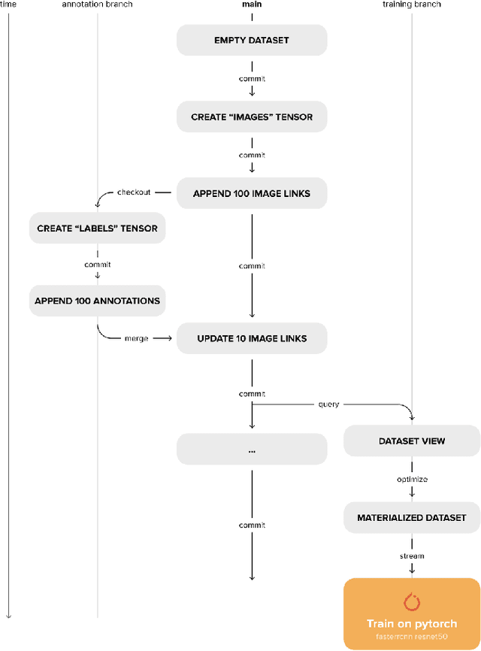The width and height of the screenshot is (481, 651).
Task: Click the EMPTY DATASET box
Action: click(252, 41)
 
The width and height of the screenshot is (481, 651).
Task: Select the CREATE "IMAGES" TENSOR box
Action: click(252, 117)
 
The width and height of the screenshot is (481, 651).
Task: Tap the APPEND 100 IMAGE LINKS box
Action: click(252, 193)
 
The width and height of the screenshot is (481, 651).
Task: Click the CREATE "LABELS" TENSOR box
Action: click(97, 228)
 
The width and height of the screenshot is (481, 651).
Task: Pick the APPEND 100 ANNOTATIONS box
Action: click(97, 301)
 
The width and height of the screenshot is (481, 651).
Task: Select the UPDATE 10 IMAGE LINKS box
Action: click(252, 338)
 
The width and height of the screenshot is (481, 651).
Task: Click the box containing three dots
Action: click(252, 450)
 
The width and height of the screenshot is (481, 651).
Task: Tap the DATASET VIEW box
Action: click(412, 441)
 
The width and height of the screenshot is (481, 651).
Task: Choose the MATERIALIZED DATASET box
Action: click(412, 517)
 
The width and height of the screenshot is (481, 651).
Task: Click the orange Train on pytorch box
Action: click(412, 613)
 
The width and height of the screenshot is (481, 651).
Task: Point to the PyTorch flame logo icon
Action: click(412, 601)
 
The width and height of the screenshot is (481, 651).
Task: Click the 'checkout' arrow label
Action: click(134, 192)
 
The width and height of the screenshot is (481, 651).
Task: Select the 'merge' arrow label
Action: click(135, 338)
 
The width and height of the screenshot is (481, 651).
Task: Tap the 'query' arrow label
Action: click(329, 404)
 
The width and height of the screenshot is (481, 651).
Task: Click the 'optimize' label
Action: click(412, 480)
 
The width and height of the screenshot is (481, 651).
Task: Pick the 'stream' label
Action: click(412, 556)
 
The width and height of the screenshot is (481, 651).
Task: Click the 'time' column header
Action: click(8, 5)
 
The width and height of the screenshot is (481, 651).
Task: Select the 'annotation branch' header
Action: click(97, 5)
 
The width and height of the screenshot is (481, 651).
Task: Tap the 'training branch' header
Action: click(412, 5)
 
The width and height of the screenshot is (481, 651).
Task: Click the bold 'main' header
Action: click(252, 5)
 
